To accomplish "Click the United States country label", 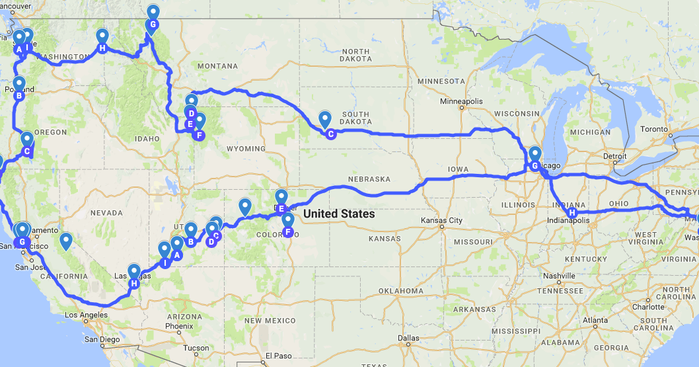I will [x=339, y=214].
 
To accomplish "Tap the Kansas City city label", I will [x=441, y=220].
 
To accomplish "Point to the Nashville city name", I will [x=559, y=276].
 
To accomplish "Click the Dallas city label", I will [x=408, y=338].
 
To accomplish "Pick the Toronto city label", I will [x=654, y=128].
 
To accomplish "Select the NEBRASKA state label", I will [x=369, y=179].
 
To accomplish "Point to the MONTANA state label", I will [x=217, y=66].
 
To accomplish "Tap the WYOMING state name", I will [x=245, y=149].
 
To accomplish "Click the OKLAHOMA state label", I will [x=401, y=291].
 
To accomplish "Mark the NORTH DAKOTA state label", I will [x=355, y=55].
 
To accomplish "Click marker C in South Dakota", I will [x=330, y=134].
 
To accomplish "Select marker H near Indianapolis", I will [x=572, y=214].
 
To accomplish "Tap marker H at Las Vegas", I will [x=134, y=284].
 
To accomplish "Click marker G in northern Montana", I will [x=153, y=25].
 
